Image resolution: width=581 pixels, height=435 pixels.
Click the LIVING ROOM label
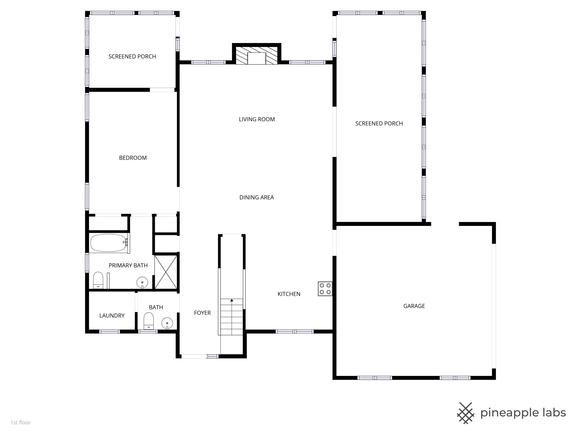point(257,119)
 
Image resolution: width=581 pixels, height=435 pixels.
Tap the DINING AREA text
point(256,197)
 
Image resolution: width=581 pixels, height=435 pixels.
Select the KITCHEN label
point(289,294)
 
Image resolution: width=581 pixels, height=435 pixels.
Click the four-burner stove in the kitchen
point(325,289)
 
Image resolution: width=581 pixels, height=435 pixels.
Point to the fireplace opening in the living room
point(257,58)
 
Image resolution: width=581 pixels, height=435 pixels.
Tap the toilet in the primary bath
point(98,280)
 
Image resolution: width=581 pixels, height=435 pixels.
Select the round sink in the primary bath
point(142,282)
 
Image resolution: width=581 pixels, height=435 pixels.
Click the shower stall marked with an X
point(166,272)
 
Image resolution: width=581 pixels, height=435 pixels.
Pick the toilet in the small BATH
point(149,320)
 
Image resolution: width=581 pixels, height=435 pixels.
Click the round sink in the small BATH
point(167,323)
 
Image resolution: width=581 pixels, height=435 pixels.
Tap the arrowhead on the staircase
point(232,300)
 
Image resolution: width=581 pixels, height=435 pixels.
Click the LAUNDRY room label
point(112,316)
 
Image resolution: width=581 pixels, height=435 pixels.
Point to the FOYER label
point(202,313)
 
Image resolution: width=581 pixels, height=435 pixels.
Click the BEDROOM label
point(133,158)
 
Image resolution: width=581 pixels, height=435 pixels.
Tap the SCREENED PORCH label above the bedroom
point(132,57)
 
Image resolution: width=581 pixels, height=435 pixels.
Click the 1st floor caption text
point(21,422)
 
